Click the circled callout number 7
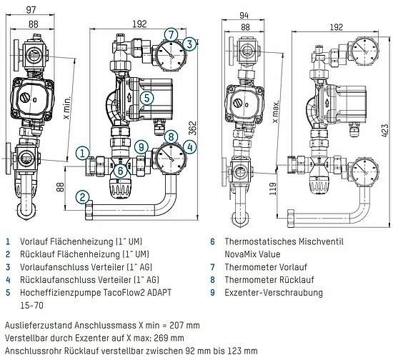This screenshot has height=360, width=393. pos(171,34)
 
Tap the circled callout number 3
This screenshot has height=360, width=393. pos(189,44)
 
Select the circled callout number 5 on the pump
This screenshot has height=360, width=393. pos(147,98)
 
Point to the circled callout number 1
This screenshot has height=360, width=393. pos(82,153)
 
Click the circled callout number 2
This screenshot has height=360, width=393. pos(82,197)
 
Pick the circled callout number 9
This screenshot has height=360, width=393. pos(141,147)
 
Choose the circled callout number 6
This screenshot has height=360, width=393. pos(121,171)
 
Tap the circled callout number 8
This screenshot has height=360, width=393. pos(171,136)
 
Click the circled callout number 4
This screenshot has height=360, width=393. pos(190,147)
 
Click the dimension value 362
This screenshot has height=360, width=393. pos(192,129)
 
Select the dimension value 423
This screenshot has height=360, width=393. pos(385,130)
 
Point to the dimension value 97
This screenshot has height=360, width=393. pos(31,10)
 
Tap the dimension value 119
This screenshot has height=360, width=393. pos(273,189)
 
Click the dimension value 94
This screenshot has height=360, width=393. pos(244,16)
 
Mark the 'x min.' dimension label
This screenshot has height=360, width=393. pos(67,108)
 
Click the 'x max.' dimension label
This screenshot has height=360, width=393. pos(276,111)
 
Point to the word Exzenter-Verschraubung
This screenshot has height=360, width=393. pos(274,293)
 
